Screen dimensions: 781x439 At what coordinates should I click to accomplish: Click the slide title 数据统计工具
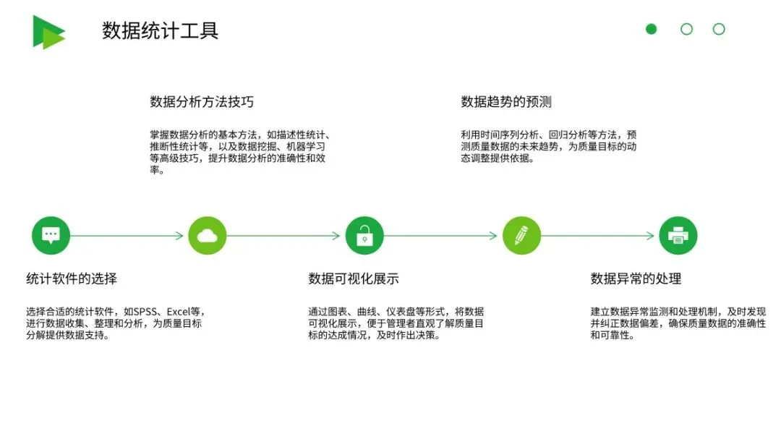(160, 31)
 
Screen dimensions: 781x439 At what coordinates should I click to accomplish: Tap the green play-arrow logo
(48, 32)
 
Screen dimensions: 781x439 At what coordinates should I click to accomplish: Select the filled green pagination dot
(651, 29)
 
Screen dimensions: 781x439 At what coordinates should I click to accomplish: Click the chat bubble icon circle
(51, 236)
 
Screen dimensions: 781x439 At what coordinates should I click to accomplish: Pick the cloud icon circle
(208, 236)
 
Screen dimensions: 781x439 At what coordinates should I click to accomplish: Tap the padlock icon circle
(364, 236)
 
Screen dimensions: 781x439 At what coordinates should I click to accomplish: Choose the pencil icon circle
(521, 236)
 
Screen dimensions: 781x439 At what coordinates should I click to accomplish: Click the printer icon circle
(678, 236)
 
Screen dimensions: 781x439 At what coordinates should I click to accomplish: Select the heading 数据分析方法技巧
(202, 102)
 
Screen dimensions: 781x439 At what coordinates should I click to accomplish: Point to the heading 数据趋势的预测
(506, 102)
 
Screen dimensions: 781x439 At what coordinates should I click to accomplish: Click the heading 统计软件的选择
(72, 279)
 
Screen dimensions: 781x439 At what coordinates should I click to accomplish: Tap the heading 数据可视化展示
(354, 279)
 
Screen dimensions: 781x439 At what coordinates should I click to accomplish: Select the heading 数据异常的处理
(636, 279)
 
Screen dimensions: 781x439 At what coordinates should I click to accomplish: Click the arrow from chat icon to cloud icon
(127, 236)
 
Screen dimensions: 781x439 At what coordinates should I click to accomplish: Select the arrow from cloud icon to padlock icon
(284, 236)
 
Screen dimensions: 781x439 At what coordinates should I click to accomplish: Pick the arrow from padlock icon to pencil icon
(441, 236)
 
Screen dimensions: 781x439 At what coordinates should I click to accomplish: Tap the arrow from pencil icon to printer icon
(598, 236)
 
